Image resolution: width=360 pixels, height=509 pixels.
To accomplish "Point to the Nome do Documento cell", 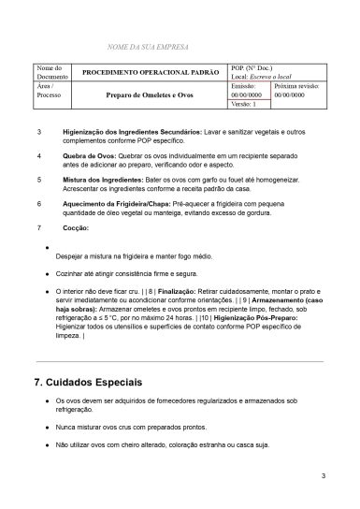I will coord(49,72).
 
